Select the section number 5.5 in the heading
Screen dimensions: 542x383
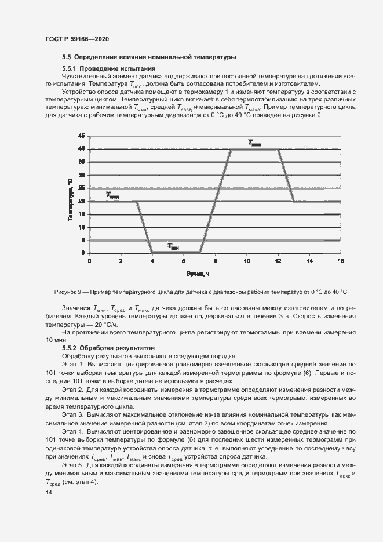point(66,57)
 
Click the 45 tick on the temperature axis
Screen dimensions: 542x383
point(81,136)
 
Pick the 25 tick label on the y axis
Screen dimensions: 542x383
point(81,188)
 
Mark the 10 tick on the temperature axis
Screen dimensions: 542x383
point(81,227)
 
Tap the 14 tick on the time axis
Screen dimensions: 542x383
point(309,261)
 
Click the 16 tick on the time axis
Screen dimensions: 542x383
point(341,261)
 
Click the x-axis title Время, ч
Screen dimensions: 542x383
point(198,273)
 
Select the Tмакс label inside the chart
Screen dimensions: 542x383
point(255,143)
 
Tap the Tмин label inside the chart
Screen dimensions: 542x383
point(174,246)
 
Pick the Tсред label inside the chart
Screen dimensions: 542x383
point(112,196)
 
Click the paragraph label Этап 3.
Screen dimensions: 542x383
point(72,415)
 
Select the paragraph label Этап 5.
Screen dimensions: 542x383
point(72,465)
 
